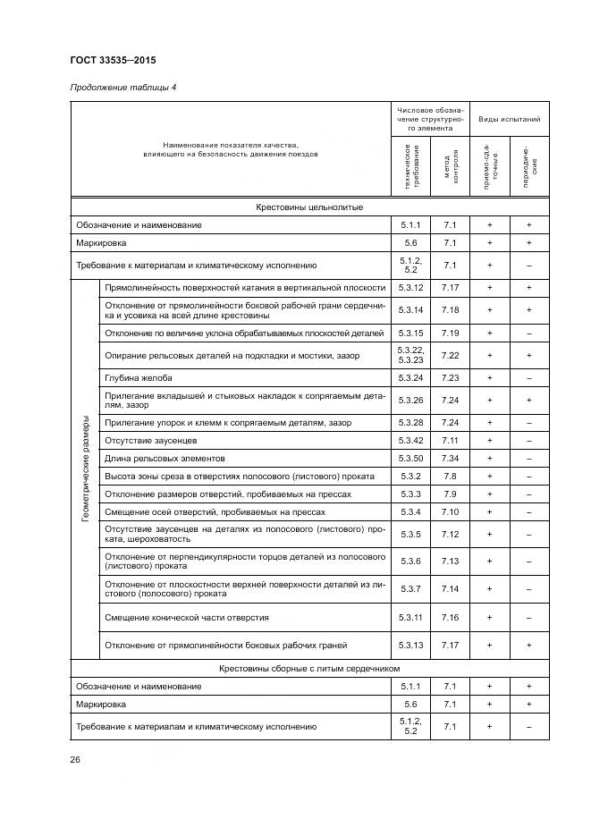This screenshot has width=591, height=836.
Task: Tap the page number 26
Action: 75,760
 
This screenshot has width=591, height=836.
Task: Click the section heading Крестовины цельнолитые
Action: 309,207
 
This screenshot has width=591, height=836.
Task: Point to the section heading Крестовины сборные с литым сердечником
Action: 309,668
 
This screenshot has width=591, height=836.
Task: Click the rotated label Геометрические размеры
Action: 86,469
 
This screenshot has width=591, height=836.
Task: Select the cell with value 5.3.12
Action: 410,288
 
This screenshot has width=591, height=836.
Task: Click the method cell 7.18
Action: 450,309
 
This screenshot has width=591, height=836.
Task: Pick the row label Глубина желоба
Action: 138,377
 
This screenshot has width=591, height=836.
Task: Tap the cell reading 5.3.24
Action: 410,377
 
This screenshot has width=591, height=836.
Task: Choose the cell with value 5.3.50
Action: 410,459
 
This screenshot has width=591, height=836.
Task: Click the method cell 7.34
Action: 450,459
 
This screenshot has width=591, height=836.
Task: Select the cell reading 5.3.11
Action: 410,617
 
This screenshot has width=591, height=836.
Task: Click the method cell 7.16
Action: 450,617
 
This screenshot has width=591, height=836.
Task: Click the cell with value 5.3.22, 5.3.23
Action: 410,355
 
